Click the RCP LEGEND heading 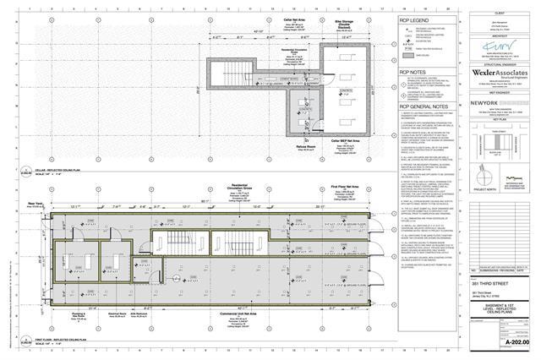(416, 20)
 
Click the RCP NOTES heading (413, 74)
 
